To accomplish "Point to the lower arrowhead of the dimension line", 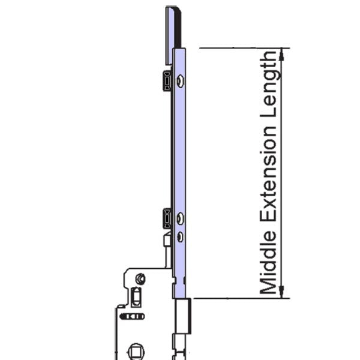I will [x=283, y=293].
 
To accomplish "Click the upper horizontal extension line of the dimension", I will [x=240, y=47].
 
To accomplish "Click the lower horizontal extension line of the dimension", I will [x=240, y=297].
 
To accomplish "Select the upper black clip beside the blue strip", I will [x=166, y=80].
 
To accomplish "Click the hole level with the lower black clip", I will [x=180, y=218].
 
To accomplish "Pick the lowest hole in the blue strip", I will [x=180, y=238].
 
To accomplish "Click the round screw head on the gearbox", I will [x=140, y=278].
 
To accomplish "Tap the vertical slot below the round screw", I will [x=137, y=296].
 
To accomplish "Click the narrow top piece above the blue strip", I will [x=171, y=27].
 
